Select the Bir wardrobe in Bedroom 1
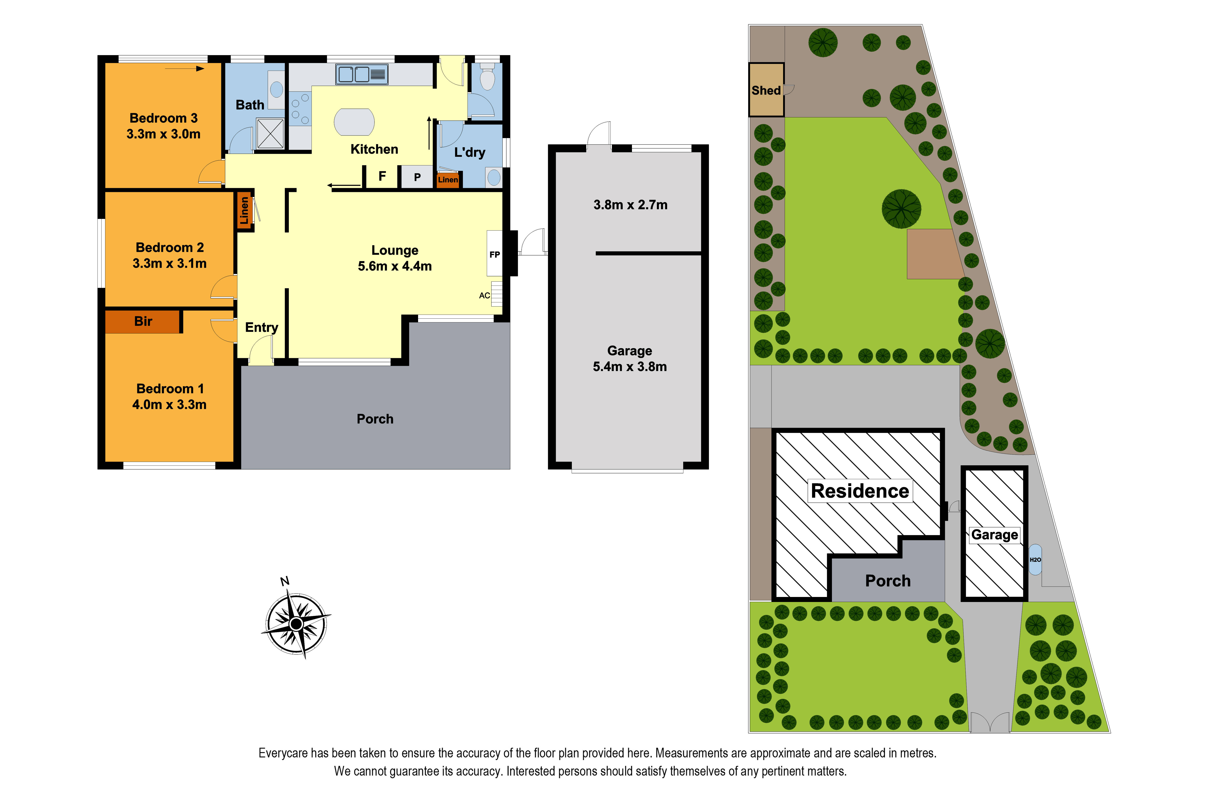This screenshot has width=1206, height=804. tap(143, 321)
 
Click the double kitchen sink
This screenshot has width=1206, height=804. tap(361, 74)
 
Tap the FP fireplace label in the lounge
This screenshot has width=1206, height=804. tap(494, 254)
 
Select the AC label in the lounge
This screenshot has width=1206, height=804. tap(485, 295)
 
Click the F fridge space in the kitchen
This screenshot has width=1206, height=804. tap(382, 176)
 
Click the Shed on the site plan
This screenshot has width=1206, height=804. tap(766, 90)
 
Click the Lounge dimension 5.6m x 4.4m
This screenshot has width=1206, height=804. tap(395, 266)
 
